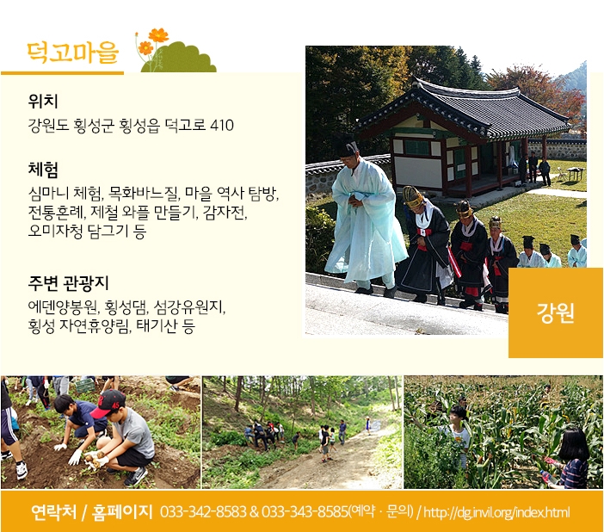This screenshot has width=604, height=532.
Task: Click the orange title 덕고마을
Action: pyautogui.click(x=72, y=53)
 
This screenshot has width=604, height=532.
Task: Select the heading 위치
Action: pyautogui.click(x=43, y=102)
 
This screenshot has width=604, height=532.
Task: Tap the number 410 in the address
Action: pyautogui.click(x=222, y=126)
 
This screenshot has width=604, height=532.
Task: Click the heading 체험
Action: pyautogui.click(x=43, y=170)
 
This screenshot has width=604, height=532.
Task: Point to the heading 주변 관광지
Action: pyautogui.click(x=68, y=283)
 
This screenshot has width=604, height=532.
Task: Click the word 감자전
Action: pyautogui.click(x=225, y=212)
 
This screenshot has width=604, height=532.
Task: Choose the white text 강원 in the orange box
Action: pyautogui.click(x=556, y=312)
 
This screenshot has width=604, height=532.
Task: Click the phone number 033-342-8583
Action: pyautogui.click(x=203, y=512)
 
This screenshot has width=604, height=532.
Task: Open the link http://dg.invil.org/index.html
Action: pyautogui.click(x=496, y=512)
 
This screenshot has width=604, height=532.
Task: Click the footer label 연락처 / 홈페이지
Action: pyautogui.click(x=92, y=512)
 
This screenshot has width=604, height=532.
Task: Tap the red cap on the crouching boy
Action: pyautogui.click(x=108, y=403)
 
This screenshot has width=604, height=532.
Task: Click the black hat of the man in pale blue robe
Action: pyautogui.click(x=346, y=146)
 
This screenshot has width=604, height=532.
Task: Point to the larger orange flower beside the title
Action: pyautogui.click(x=158, y=35)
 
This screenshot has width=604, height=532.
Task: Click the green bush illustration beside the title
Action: pyautogui.click(x=179, y=58)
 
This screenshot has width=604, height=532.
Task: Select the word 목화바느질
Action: pyautogui.click(x=144, y=193)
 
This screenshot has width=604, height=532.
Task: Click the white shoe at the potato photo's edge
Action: pyautogui.click(x=22, y=470)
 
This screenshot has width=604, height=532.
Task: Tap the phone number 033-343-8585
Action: pyautogui.click(x=305, y=512)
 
